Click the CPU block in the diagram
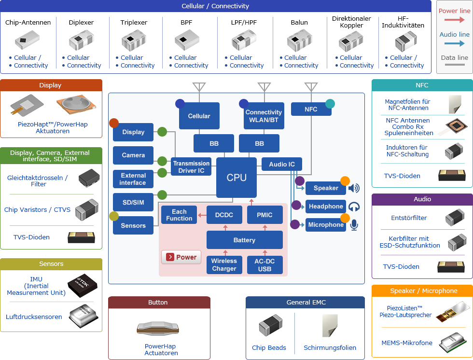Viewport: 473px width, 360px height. (x=236, y=178)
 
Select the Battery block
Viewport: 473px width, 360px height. (x=244, y=240)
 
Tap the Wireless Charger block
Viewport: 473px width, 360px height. (x=224, y=265)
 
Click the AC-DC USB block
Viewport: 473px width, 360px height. (x=265, y=265)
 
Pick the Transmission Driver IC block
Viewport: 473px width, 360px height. (x=192, y=167)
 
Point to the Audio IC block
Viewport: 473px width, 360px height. (x=282, y=164)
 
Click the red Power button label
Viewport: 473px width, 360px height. (x=181, y=257)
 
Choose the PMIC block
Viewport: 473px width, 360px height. (x=265, y=215)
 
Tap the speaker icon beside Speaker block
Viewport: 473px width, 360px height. (x=354, y=188)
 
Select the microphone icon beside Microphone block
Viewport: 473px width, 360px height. (x=354, y=225)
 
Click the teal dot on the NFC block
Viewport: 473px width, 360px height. (x=330, y=103)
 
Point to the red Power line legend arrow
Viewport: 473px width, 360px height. (x=455, y=20)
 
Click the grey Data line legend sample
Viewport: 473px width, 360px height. (x=455, y=65)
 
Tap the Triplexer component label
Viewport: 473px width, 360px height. (x=134, y=22)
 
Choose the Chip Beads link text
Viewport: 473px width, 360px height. (x=269, y=347)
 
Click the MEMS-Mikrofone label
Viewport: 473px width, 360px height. (x=407, y=343)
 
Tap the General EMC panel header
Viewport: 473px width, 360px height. (x=305, y=303)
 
